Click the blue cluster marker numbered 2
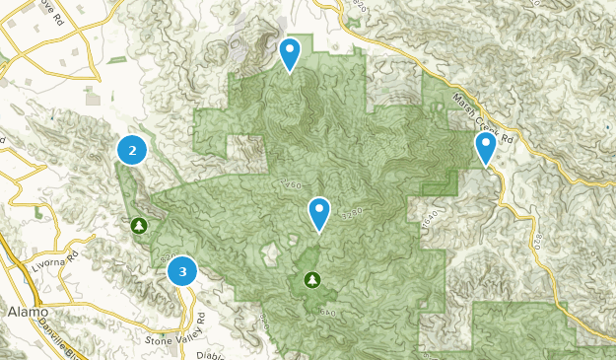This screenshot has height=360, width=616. point(132,150)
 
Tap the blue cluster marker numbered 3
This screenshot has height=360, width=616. point(182,270)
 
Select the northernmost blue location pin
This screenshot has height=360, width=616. point(290,53)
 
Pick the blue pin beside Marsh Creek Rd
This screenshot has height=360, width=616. point(485,149)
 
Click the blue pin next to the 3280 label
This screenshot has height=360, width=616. point(319,213)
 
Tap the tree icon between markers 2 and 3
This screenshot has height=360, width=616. point(139,226)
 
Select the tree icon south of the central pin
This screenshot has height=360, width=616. point(312,281)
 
